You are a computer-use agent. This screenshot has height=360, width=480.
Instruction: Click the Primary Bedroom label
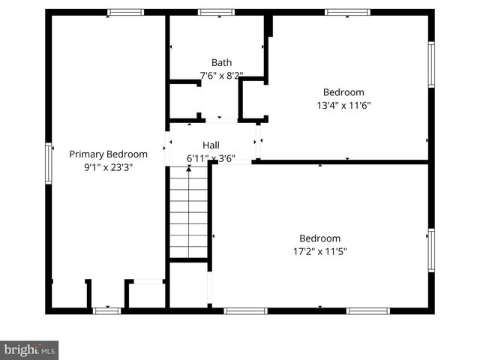[x=108, y=154]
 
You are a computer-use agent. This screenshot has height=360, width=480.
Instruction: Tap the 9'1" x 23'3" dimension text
[x=108, y=166]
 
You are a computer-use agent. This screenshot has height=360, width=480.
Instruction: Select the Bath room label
[x=221, y=63]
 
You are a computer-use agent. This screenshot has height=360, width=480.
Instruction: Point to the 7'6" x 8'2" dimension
[x=221, y=75]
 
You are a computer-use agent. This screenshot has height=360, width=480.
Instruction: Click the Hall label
[x=211, y=145]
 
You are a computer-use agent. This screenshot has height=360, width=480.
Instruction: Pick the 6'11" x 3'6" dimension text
[x=211, y=158]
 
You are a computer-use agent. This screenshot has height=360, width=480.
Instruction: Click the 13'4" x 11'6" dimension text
[x=344, y=105]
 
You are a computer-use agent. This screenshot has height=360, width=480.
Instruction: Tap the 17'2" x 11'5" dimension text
[x=319, y=251]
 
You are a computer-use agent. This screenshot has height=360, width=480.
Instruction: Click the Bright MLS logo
[x=29, y=349]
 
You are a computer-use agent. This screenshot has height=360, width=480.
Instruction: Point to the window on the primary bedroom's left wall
[x=49, y=163]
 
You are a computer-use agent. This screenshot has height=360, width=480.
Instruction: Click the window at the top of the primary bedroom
[x=124, y=12]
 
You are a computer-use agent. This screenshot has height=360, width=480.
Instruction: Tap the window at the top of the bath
[x=216, y=12]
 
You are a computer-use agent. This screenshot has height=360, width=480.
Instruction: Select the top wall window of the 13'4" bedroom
[x=347, y=12]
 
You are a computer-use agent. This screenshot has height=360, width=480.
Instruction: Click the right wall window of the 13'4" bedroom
[x=431, y=64]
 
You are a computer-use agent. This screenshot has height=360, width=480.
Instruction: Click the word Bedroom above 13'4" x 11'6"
[x=344, y=92]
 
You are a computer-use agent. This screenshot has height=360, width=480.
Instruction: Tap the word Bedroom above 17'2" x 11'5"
[x=319, y=238]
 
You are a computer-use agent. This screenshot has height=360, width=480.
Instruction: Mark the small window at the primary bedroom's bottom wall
[x=106, y=310]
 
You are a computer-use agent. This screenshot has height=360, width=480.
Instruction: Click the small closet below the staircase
[x=187, y=284]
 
